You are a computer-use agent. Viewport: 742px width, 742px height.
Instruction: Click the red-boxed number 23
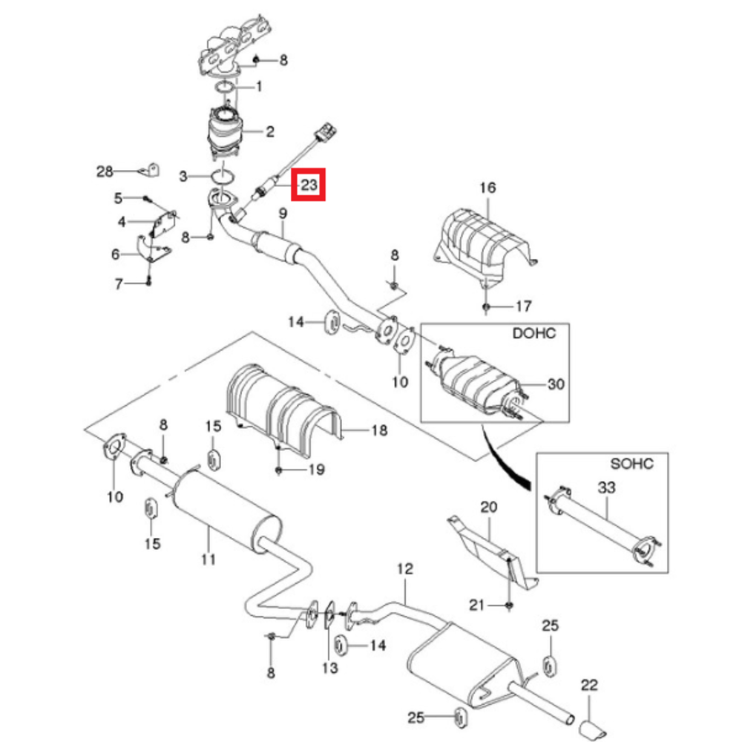(309, 185)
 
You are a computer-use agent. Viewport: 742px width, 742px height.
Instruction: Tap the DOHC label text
(533, 334)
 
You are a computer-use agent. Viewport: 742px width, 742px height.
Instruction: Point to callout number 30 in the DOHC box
(556, 384)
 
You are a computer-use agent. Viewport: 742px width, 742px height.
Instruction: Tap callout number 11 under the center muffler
(209, 558)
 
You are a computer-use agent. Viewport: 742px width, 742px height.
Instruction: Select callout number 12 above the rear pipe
(404, 570)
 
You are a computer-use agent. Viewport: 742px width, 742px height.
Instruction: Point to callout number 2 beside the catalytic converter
(269, 132)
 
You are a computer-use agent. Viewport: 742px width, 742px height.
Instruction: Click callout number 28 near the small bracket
(105, 172)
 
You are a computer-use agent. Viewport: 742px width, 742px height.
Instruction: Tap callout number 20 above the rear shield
(487, 508)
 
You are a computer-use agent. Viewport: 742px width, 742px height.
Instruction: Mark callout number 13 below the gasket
(329, 668)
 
